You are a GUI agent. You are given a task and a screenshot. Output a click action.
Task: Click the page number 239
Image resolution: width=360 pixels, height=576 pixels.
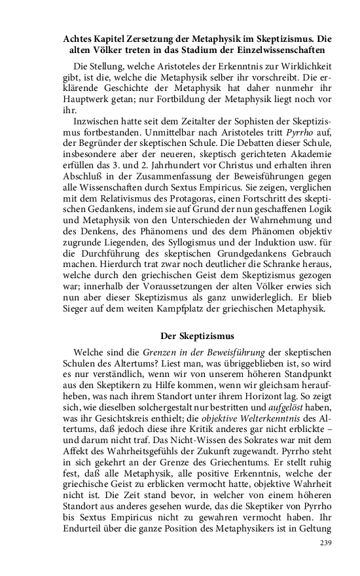[x=325, y=544]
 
